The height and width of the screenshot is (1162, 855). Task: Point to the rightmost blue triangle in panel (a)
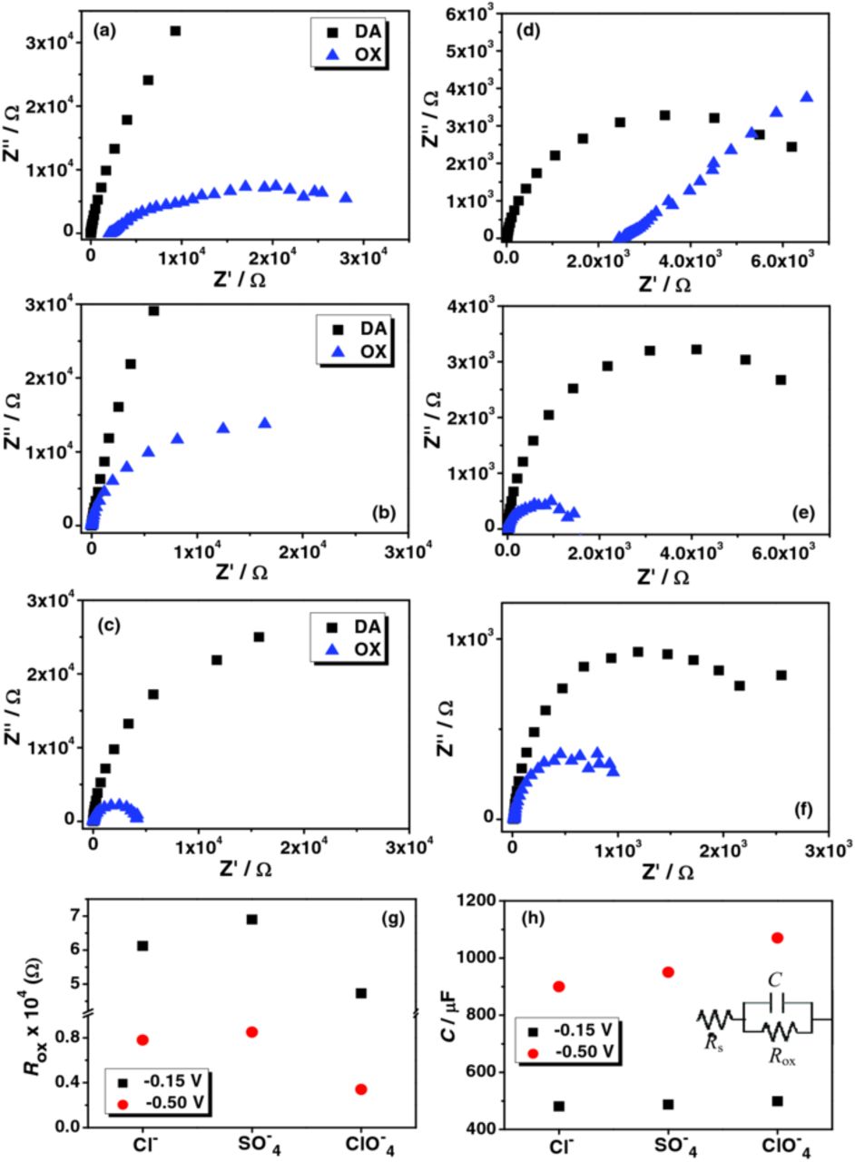(x=345, y=197)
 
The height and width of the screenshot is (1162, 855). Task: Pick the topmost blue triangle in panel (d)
(x=806, y=96)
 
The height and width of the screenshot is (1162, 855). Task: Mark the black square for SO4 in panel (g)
(x=251, y=919)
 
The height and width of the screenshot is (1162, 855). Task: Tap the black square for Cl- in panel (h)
(x=558, y=1106)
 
